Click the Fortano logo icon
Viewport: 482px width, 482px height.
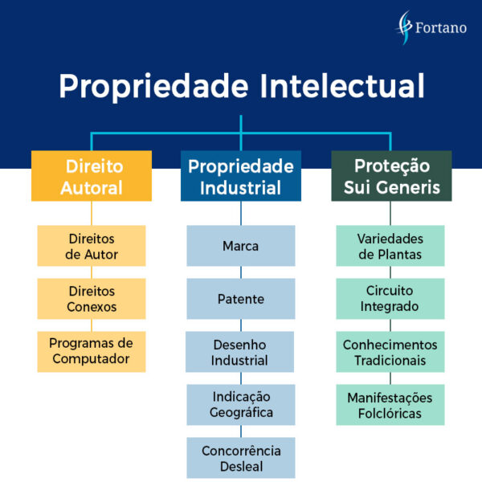(406, 27)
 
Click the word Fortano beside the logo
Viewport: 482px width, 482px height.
(441, 28)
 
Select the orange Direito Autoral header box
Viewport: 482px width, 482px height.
(92, 177)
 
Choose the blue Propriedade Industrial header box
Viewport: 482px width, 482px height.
(241, 177)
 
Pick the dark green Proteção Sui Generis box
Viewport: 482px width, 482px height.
(391, 177)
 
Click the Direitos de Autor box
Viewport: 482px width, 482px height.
(92, 246)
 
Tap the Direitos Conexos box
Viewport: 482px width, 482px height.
(92, 299)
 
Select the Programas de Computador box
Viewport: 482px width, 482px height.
(92, 351)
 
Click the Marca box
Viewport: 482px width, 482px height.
(241, 246)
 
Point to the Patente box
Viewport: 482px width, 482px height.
(241, 299)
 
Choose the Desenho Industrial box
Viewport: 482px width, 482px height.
(240, 352)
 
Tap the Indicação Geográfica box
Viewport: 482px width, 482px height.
(241, 404)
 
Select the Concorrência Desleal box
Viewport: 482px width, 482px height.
(241, 457)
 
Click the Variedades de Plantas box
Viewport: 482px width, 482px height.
(390, 246)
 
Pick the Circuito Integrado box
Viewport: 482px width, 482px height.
(390, 299)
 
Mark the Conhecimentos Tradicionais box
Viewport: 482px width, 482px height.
(390, 352)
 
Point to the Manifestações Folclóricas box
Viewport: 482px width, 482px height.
(390, 405)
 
